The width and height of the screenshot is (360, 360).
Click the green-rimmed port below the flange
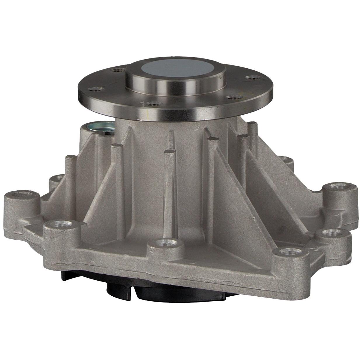98,128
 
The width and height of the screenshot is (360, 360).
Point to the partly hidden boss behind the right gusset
285,160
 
